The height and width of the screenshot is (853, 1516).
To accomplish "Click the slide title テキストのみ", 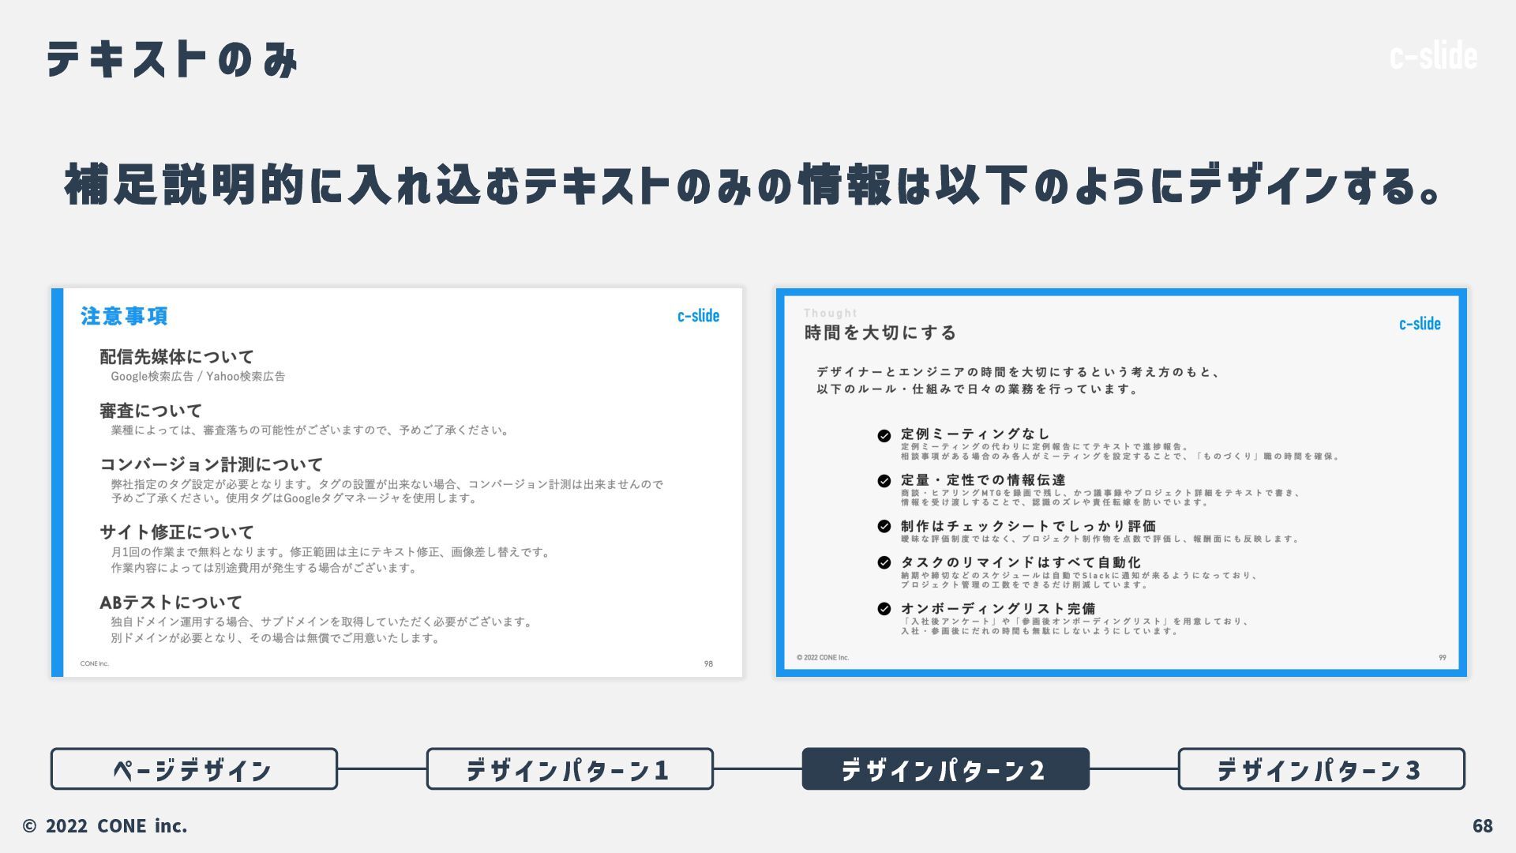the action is tap(172, 59).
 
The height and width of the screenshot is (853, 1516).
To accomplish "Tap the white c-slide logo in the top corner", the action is tap(1433, 56).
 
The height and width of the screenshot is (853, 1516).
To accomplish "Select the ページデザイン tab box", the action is tap(194, 768).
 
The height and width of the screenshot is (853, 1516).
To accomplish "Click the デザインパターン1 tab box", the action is tap(569, 768).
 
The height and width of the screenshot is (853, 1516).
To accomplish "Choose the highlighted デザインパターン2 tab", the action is tap(945, 768).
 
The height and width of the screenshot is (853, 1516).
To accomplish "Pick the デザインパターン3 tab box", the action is tap(1321, 768).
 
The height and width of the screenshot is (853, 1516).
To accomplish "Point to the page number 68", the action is tap(1482, 825).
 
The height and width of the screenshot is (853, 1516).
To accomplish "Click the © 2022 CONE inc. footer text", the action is tap(105, 825).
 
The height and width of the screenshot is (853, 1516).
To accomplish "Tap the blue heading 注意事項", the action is tap(124, 316).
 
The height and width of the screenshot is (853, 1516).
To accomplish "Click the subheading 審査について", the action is tap(151, 411).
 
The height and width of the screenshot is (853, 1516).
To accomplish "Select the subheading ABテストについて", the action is tap(171, 603).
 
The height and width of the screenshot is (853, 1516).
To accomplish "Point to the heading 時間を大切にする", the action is tap(880, 333).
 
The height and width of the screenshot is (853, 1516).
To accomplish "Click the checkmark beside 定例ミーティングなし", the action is tap(884, 435).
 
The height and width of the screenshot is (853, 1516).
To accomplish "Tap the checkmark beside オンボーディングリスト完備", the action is tap(884, 609).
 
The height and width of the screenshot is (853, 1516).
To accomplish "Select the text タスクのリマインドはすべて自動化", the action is tap(1020, 562).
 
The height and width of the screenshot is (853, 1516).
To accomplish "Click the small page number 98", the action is tap(708, 663).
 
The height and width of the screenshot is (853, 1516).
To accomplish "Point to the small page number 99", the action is tap(1442, 657).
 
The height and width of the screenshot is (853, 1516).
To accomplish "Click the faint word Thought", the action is tap(830, 314).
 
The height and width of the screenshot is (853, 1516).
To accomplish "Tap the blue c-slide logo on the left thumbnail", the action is tap(698, 316).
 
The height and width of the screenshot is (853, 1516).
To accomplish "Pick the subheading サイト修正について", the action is tap(177, 532).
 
